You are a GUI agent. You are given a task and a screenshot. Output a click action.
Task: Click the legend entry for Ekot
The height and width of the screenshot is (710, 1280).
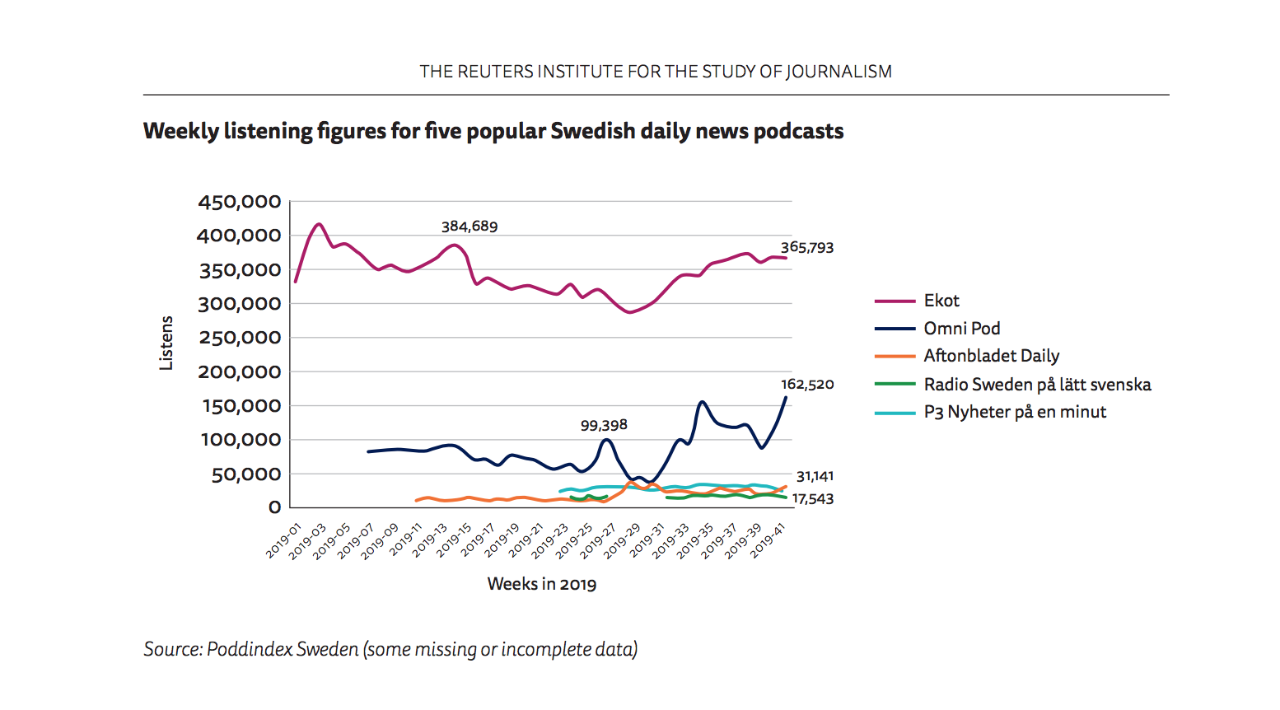941,301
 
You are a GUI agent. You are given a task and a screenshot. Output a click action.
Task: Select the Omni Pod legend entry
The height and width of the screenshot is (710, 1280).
961,329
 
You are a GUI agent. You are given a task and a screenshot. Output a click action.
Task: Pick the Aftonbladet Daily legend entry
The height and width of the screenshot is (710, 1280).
991,356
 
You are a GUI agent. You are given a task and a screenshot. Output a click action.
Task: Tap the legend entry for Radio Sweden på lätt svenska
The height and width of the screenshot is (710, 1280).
1037,385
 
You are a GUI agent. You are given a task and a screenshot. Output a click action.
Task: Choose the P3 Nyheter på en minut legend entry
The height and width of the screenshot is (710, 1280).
1015,412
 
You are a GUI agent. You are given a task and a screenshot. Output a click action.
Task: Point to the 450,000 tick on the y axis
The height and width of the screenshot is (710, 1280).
240,202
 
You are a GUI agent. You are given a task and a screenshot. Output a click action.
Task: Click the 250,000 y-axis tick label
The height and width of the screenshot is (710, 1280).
240,338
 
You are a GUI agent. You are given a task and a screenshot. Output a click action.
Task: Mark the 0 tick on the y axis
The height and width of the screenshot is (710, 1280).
274,507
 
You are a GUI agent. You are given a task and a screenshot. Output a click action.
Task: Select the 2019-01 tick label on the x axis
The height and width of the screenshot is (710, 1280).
284,540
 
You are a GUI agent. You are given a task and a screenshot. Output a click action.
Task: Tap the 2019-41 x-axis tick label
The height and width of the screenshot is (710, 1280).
768,540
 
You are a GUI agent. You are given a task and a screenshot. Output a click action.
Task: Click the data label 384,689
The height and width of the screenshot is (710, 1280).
469,227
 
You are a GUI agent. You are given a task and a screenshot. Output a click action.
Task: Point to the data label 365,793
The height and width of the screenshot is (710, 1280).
807,248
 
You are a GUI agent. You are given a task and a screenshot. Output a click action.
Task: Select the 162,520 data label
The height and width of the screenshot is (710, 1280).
807,385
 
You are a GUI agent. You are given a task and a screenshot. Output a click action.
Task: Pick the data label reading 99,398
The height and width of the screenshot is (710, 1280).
604,426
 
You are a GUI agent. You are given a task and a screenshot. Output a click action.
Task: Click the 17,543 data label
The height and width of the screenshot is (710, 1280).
813,499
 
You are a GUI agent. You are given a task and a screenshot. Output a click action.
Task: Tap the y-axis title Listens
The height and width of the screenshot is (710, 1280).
166,343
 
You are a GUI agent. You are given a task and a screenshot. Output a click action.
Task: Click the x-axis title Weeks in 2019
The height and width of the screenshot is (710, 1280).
542,584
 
